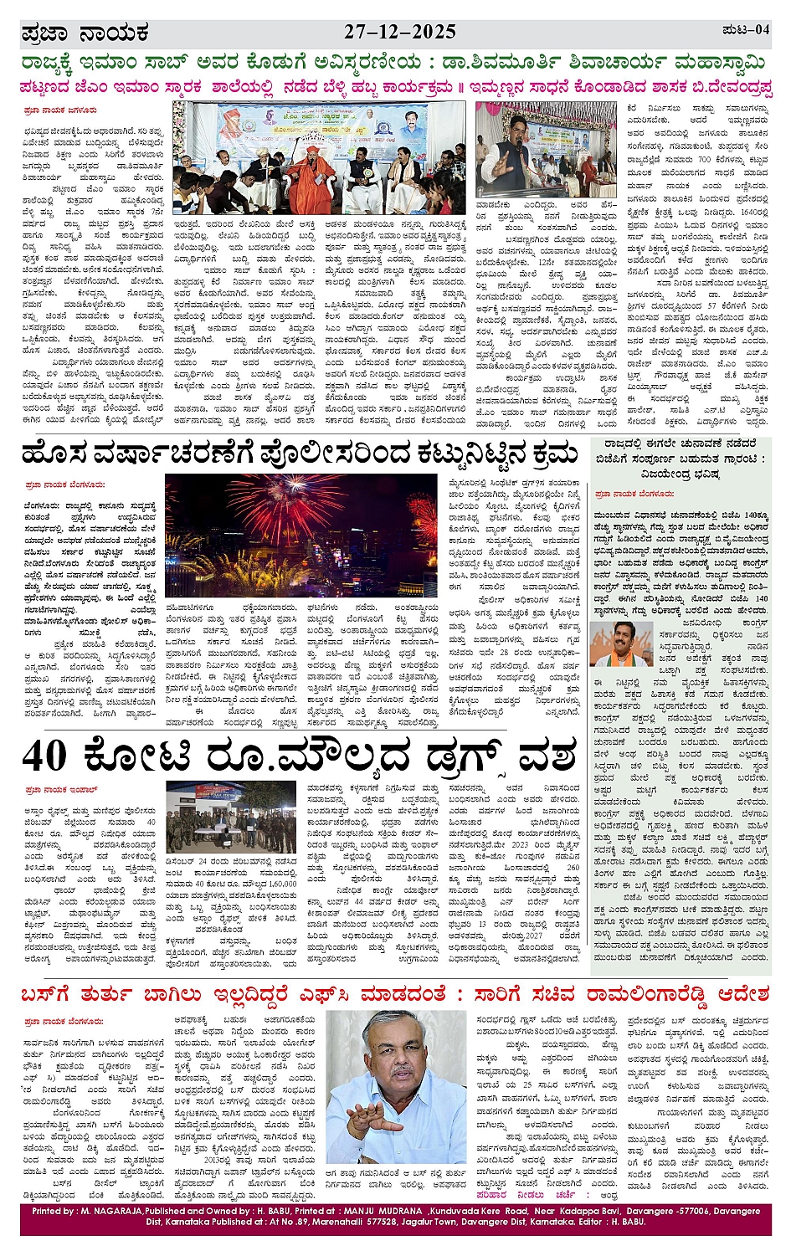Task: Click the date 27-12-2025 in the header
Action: coord(400,32)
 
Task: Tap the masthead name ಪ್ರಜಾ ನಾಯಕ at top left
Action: coord(85,33)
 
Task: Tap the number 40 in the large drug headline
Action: coord(46,756)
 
